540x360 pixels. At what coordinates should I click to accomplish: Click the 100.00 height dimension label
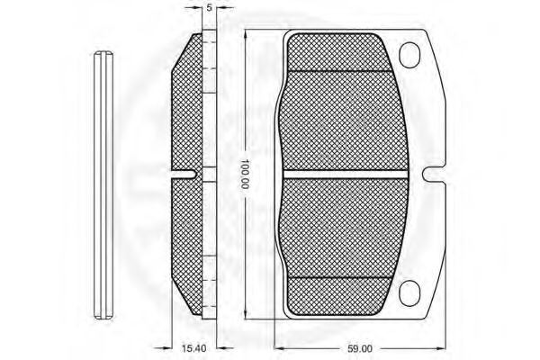(245, 175)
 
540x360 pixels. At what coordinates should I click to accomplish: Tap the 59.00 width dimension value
(359, 349)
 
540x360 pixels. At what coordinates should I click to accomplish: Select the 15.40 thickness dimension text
(193, 348)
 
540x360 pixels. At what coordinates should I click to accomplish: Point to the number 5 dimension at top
(209, 7)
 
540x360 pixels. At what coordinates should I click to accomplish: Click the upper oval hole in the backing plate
(409, 55)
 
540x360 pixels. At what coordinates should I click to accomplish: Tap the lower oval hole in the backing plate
(409, 293)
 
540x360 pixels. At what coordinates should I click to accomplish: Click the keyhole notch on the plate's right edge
(434, 175)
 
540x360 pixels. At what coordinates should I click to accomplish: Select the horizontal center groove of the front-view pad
(345, 175)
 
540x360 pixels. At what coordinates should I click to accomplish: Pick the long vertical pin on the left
(103, 184)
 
